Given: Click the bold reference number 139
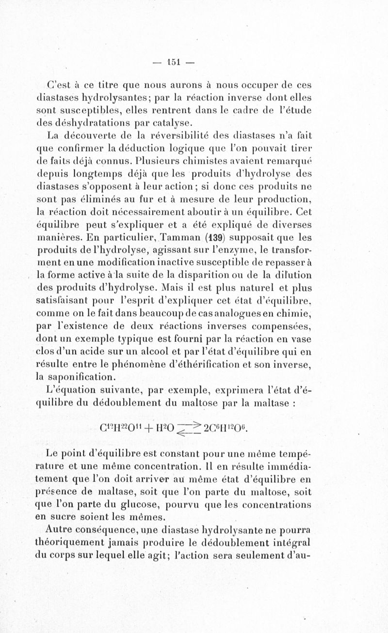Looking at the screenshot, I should tap(214, 238).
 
